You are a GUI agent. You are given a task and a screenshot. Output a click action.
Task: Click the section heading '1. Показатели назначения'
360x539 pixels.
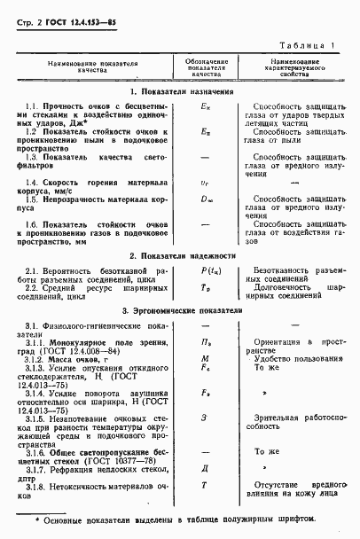(x=180, y=91)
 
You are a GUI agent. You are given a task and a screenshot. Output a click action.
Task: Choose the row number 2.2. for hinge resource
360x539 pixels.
(x=35, y=288)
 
